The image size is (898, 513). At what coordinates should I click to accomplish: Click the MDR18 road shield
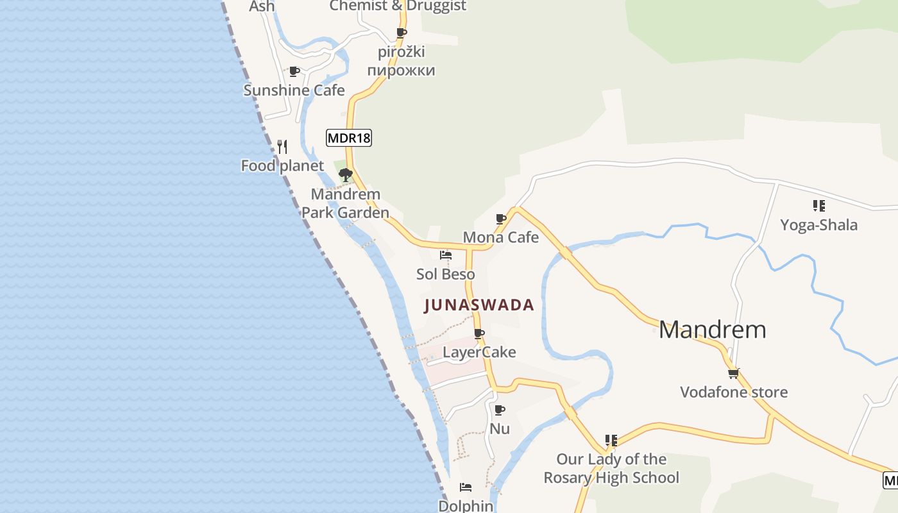point(349,138)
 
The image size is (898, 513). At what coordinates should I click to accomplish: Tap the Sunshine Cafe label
point(294,90)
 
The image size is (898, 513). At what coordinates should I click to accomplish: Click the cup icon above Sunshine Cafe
point(294,71)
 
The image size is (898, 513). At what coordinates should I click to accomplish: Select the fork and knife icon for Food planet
point(282,147)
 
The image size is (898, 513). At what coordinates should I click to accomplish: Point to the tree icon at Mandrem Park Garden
point(346,174)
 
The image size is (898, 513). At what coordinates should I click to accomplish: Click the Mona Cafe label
point(500,237)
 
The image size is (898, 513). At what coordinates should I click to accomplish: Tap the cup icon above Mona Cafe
point(502,219)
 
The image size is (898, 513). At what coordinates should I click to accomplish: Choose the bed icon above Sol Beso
point(446,255)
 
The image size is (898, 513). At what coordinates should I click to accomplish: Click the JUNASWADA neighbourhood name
point(479,305)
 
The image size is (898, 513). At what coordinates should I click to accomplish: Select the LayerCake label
point(479,352)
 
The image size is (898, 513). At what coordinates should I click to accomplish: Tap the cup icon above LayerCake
point(479,333)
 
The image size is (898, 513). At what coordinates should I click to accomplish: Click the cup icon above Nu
point(500,410)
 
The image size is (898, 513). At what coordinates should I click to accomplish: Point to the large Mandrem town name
point(712,330)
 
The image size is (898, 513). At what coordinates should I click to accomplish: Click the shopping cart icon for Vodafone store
point(734,373)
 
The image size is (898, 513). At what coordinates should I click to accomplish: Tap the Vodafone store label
point(734,392)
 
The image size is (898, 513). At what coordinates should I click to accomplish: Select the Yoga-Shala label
point(818,225)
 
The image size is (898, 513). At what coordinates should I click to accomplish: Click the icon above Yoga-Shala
point(818,206)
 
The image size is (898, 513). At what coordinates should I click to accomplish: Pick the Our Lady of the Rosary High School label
point(611,468)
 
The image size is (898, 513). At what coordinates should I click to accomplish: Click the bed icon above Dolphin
point(466,487)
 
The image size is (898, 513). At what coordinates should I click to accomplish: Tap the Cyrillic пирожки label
point(402,71)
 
